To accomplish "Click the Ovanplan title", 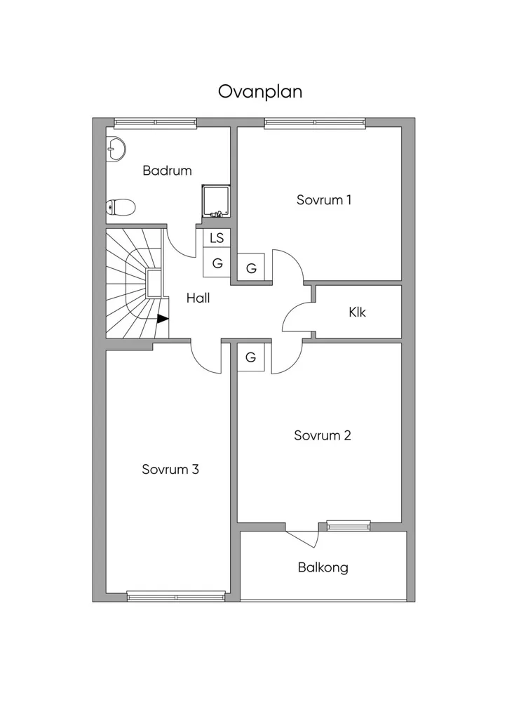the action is point(259,92).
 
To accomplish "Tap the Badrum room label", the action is point(167,171).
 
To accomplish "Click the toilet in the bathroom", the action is point(121,207).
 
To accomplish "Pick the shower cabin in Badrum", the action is point(216,200).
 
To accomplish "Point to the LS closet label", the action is point(217,237).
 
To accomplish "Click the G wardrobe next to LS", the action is point(217,263).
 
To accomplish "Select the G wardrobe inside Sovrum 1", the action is point(251,268).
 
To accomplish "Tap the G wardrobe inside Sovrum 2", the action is point(250,357).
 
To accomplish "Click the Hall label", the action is point(198,298).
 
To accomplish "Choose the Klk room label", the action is point(357,312).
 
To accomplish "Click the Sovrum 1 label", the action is point(324,200).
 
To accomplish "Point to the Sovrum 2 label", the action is point(323,435).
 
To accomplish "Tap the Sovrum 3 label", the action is point(170,470).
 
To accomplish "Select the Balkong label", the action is point(323,567).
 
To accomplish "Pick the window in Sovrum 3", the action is point(176,596).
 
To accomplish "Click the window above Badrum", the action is point(155,122).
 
